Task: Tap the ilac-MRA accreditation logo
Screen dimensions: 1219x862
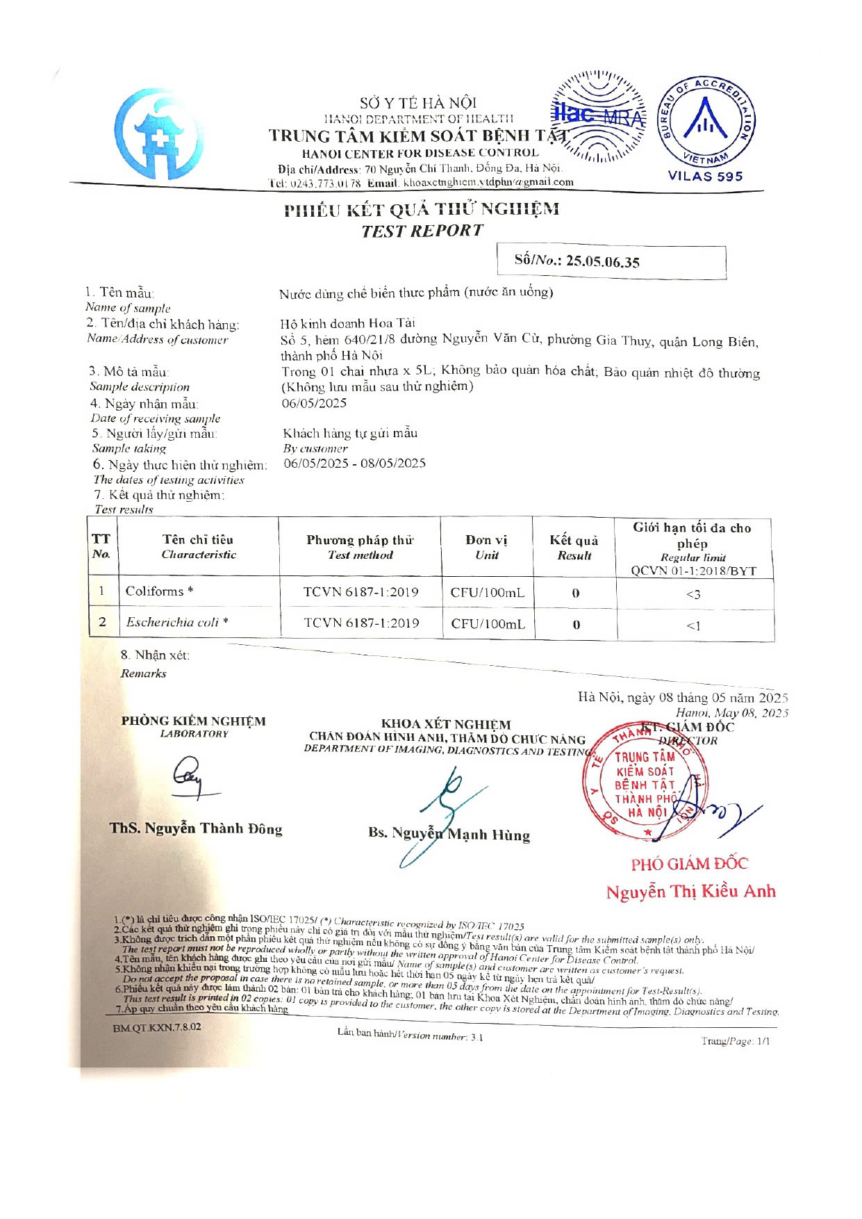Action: [599, 116]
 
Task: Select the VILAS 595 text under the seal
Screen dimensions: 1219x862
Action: [705, 177]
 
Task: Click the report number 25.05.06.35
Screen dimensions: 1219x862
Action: [602, 262]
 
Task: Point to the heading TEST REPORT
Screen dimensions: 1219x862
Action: [422, 231]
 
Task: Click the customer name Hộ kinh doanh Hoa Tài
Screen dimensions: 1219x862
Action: [347, 323]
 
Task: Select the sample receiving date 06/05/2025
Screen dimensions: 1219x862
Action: [314, 403]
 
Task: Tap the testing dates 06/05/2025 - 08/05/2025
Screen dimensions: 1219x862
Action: [354, 464]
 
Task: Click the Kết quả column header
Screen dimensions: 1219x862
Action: [574, 547]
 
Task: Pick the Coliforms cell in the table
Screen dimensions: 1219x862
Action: [159, 591]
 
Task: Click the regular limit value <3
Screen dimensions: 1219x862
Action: [693, 594]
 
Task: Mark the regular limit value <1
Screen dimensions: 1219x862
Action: [693, 625]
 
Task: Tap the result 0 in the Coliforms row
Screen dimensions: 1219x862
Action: [575, 594]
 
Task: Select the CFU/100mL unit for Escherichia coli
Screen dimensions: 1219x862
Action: [488, 624]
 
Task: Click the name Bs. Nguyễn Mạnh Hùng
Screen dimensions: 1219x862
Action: [449, 834]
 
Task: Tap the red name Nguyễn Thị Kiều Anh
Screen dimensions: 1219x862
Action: [690, 892]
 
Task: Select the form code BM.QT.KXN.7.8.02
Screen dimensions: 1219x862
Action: [157, 1027]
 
